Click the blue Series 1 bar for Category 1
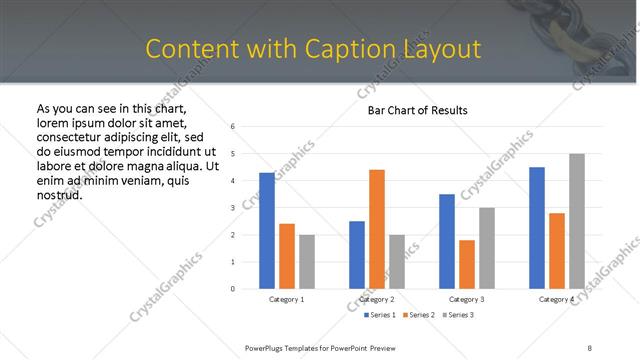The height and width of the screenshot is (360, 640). click(x=267, y=231)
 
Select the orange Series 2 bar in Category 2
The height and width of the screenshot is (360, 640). click(x=376, y=229)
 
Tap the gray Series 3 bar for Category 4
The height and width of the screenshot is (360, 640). click(x=577, y=221)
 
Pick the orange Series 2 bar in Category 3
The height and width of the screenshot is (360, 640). click(x=467, y=264)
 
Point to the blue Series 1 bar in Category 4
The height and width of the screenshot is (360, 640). click(x=537, y=228)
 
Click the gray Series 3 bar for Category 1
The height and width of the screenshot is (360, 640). click(x=306, y=262)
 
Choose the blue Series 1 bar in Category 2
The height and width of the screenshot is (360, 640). click(x=357, y=255)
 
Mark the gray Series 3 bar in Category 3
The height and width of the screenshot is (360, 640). click(x=486, y=248)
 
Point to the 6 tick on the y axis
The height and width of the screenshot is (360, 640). click(x=232, y=127)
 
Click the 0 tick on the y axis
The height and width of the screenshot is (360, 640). click(x=232, y=289)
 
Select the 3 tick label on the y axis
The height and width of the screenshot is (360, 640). click(x=232, y=208)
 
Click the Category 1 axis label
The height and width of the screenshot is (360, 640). click(x=287, y=299)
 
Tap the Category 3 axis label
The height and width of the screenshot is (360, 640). click(x=467, y=299)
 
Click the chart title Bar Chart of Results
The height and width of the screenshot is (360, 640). click(x=411, y=110)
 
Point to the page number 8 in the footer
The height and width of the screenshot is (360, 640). click(x=589, y=347)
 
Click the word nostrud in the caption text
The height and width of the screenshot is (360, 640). click(x=58, y=194)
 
